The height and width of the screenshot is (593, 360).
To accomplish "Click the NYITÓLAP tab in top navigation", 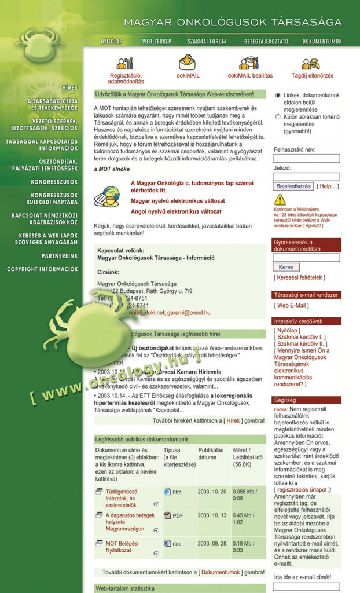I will [x=111, y=42].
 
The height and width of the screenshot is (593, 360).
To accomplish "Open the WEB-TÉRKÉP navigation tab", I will [x=155, y=42].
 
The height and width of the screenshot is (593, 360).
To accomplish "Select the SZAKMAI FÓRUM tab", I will [x=207, y=42].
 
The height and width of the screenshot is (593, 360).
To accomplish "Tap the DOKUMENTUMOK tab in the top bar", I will [x=322, y=42].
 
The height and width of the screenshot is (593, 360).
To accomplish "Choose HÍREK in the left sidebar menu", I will [x=69, y=87].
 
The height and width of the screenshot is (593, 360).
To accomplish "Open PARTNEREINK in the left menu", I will [x=60, y=255].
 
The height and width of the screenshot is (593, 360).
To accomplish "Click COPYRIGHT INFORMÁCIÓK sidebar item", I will [x=42, y=269].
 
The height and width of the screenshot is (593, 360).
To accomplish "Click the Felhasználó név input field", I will [x=306, y=159].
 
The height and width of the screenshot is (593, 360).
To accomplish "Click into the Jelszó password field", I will [x=306, y=177].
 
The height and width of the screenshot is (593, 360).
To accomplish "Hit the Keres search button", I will [x=286, y=268].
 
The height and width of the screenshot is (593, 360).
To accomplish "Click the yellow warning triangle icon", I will [x=280, y=200].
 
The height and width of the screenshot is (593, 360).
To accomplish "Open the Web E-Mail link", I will [x=292, y=305].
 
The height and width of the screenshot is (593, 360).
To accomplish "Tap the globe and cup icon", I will [x=110, y=196].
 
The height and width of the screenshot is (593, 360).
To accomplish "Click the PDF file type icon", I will [x=167, y=515].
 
